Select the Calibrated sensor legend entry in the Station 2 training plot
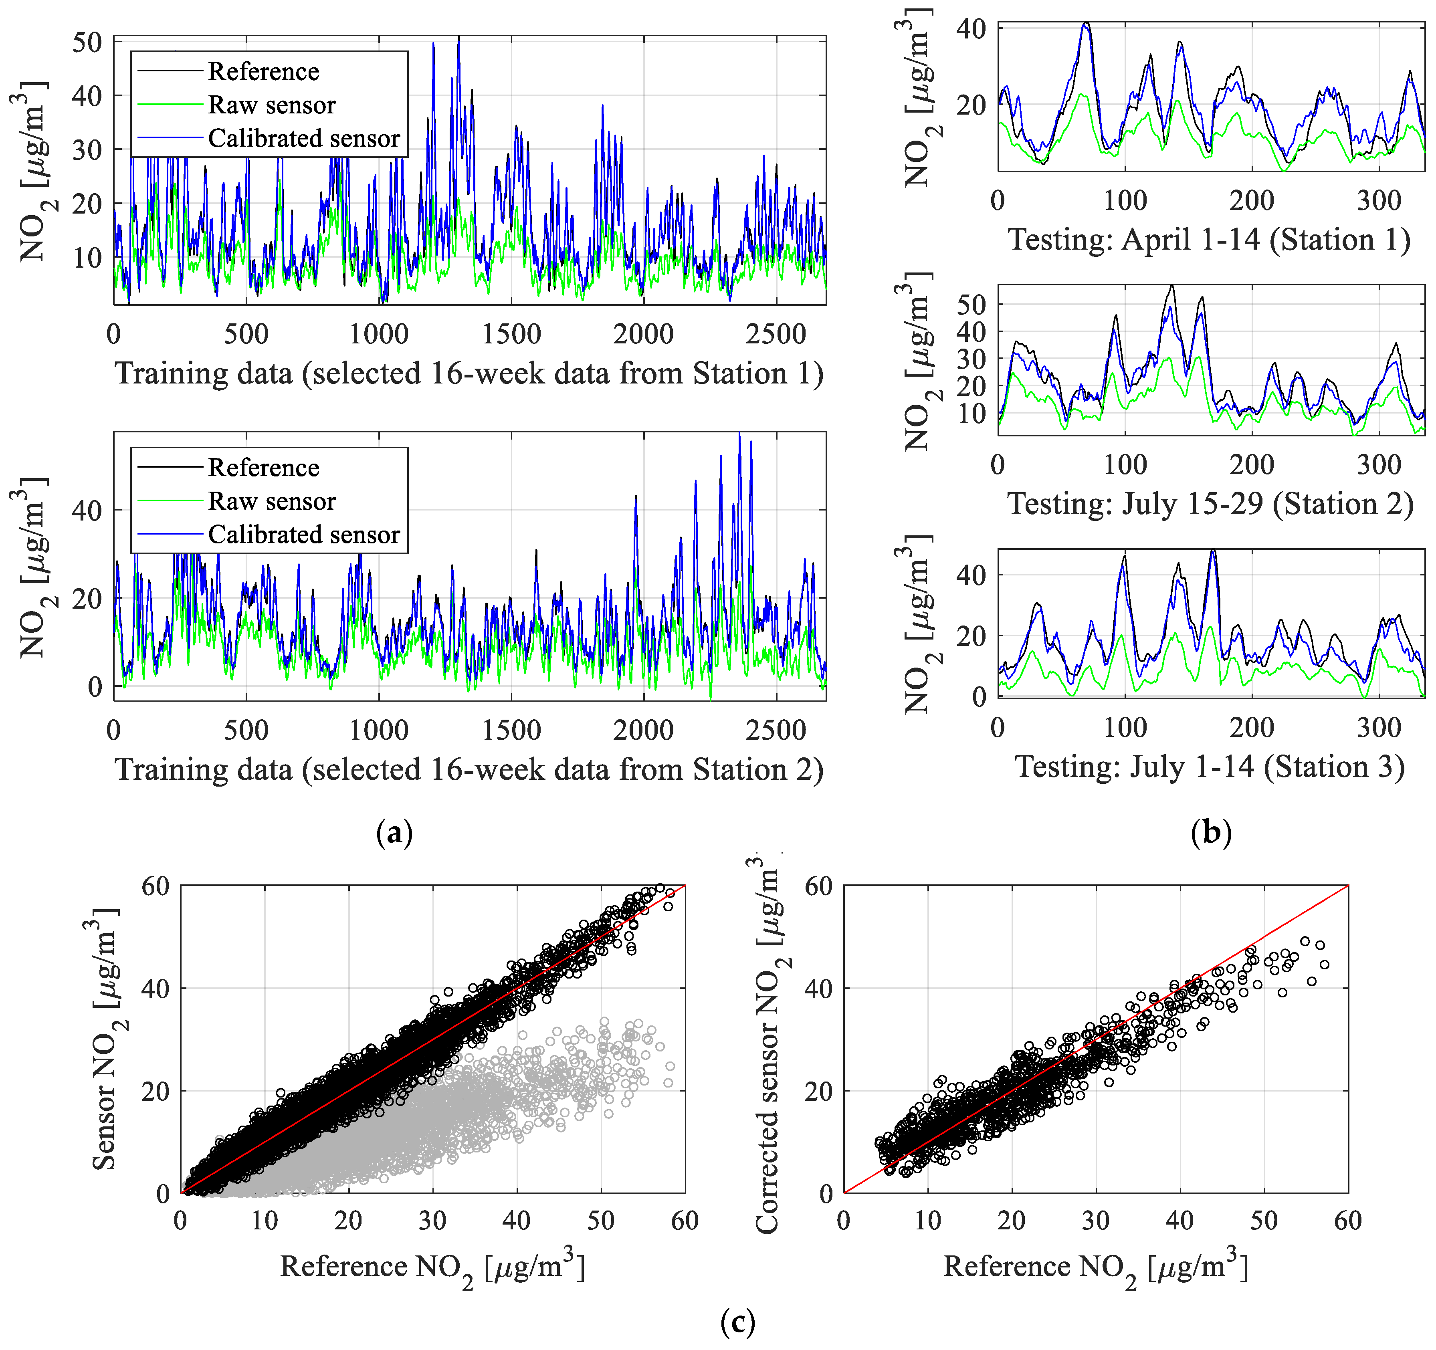click(303, 535)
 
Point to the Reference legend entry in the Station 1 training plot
click(263, 71)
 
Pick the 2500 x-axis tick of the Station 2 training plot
click(776, 730)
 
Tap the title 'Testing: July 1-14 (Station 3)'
click(1210, 767)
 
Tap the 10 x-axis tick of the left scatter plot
click(265, 1221)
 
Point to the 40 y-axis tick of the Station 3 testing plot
click(970, 576)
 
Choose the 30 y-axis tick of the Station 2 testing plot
click(970, 359)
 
